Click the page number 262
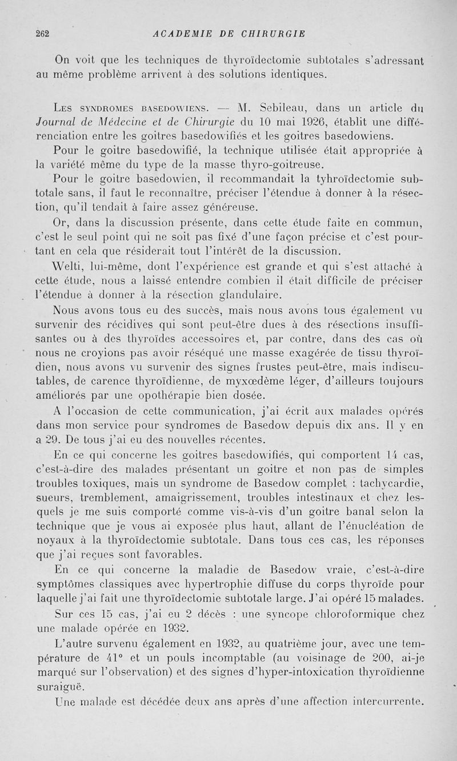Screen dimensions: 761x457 point(43,34)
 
